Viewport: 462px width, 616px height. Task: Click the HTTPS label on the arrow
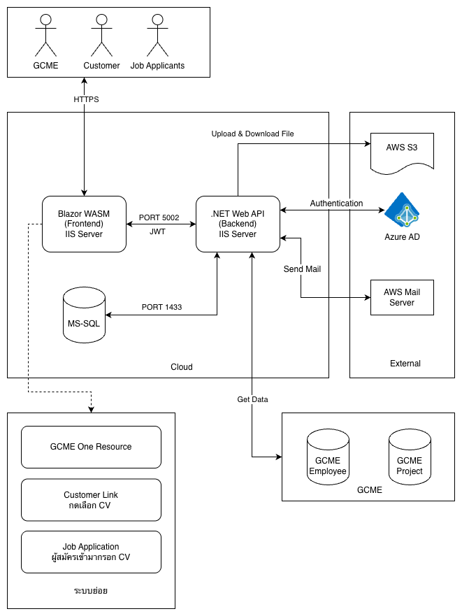86,99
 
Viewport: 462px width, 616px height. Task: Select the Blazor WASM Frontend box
84,224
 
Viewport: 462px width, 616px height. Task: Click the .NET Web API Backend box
238,224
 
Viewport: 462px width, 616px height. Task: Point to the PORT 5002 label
159,217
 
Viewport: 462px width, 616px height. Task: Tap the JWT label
158,231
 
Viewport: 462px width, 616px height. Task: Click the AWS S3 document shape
401,150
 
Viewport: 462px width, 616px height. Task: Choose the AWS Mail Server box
402,297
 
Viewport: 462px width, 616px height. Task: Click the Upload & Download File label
257,134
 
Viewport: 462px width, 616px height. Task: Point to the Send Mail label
302,268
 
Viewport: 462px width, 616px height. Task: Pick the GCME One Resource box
91,447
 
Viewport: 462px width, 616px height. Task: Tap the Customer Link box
91,500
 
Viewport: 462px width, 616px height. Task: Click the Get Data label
252,399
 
